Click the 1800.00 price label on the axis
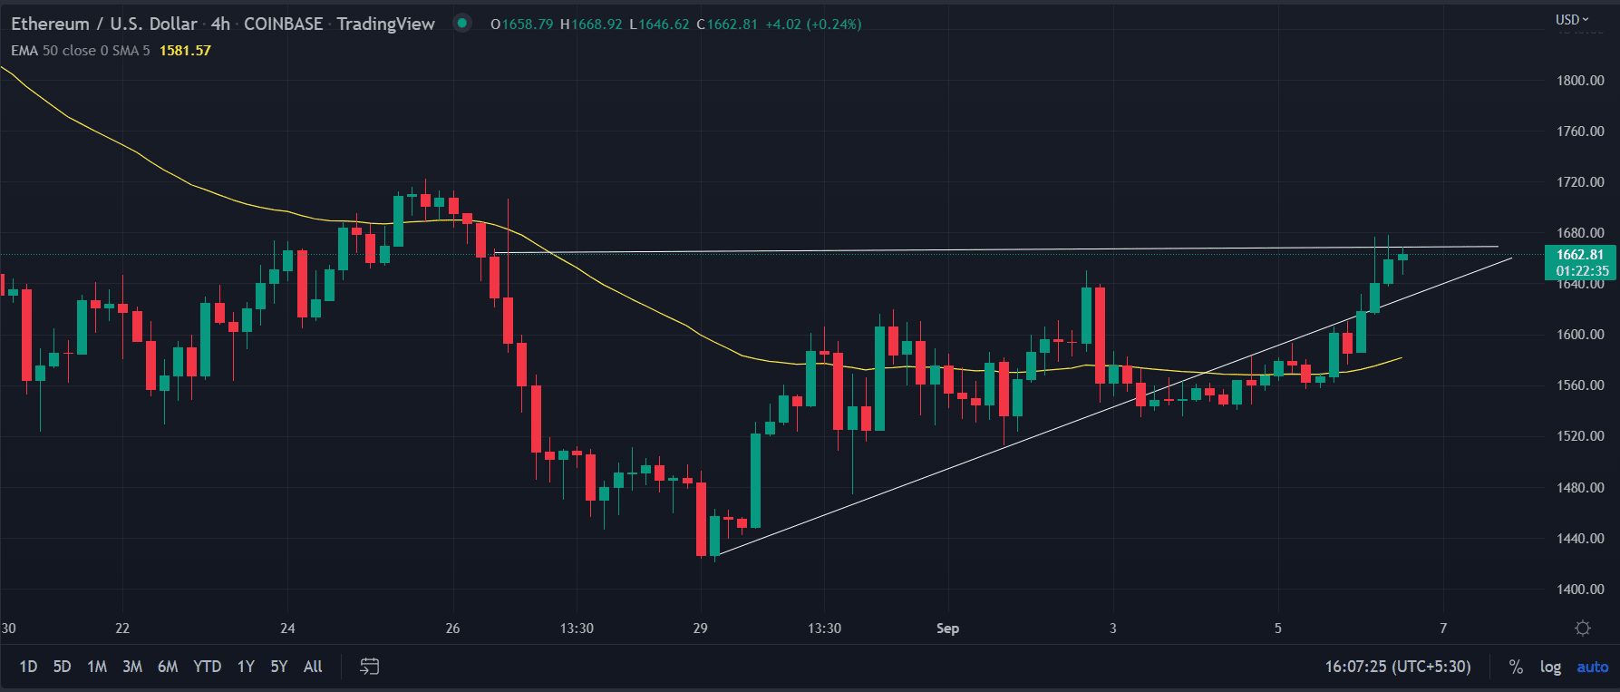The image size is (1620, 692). pos(1580,81)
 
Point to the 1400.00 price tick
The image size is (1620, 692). pos(1580,590)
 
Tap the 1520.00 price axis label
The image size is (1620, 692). pos(1580,436)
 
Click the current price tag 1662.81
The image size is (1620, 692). pos(1581,255)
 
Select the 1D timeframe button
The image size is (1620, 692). pos(28,667)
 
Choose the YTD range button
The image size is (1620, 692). pos(207,667)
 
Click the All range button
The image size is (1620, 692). pos(313,667)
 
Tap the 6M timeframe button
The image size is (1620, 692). pos(168,667)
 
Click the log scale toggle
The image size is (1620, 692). pos(1550,667)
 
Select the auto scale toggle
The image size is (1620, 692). pos(1592,667)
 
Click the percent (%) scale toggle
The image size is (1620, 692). pos(1516,667)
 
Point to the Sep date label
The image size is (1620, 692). pos(947,629)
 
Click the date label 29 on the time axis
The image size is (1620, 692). pos(700,629)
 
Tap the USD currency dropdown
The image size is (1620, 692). pos(1572,19)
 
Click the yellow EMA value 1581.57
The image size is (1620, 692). pos(185,51)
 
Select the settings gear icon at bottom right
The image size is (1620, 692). pos(1583,629)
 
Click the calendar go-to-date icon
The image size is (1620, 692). pos(369,667)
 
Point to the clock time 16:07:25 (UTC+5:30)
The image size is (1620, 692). pos(1397,667)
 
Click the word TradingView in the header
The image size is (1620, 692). pos(385,24)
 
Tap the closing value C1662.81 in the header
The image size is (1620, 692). pos(727,24)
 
